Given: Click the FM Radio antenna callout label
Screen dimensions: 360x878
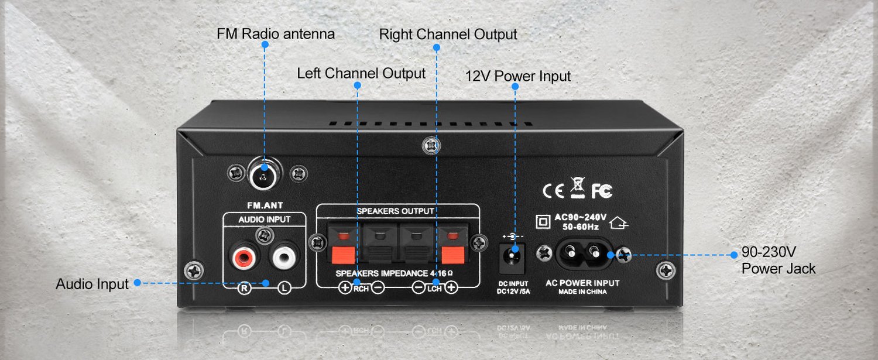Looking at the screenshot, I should click(x=276, y=34).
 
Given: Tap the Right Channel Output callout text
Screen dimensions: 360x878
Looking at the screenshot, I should click(x=448, y=35).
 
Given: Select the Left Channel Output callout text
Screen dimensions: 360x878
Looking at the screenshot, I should click(x=361, y=74).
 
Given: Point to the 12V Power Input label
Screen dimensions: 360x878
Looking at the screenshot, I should click(x=517, y=76).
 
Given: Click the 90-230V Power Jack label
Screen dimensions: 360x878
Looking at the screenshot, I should click(x=778, y=260).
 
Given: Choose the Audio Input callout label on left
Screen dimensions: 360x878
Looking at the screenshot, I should click(x=92, y=284).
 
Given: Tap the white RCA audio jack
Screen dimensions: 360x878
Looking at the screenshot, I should click(x=283, y=256).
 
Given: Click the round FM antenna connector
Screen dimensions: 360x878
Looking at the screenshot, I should click(x=265, y=174).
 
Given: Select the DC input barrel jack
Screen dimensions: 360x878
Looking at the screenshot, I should click(x=513, y=255).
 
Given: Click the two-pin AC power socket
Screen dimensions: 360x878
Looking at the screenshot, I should click(x=583, y=253).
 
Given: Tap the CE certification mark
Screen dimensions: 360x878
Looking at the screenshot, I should click(x=553, y=191).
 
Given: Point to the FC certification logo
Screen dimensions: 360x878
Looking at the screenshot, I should click(x=601, y=191).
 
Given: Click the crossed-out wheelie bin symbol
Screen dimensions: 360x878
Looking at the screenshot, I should click(x=577, y=187).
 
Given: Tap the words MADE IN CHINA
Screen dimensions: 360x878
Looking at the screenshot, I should click(x=582, y=292).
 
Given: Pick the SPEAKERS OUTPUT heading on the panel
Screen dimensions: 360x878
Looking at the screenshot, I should click(x=395, y=211).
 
